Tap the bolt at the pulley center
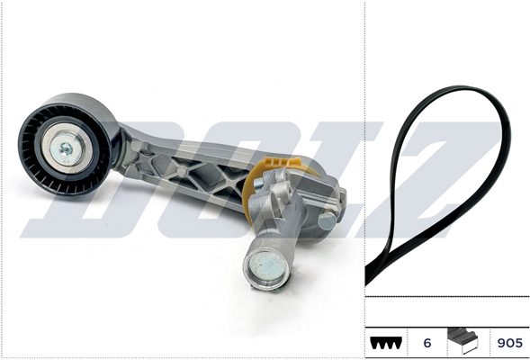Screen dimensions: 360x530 click(66, 147)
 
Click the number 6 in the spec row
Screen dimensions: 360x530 click(427, 342)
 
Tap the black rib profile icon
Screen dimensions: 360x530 click(386, 343)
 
